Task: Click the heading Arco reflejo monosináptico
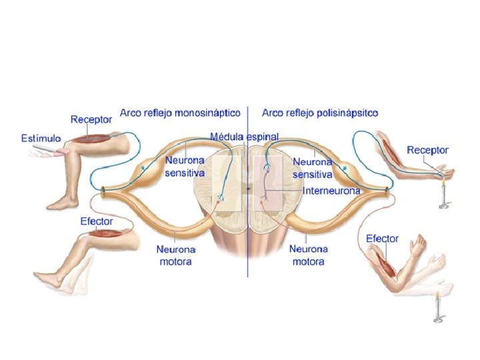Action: (x=180, y=113)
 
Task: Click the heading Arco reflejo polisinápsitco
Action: (x=320, y=113)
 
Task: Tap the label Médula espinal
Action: (x=244, y=136)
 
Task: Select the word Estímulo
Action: (x=41, y=138)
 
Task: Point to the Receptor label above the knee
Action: (x=91, y=120)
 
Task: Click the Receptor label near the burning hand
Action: (x=427, y=151)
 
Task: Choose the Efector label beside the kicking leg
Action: (x=97, y=221)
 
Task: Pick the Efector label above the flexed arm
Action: (x=382, y=238)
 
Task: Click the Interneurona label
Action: (x=331, y=191)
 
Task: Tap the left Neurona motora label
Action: (x=176, y=255)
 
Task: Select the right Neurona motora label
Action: (x=309, y=255)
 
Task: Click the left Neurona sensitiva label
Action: (x=185, y=167)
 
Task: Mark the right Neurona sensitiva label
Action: (x=313, y=168)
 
